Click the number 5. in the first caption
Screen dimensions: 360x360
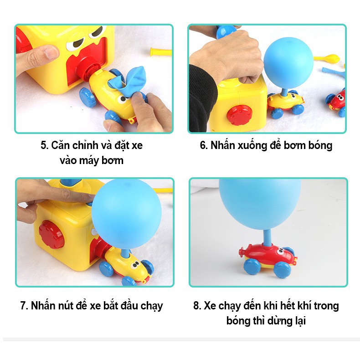[45, 146]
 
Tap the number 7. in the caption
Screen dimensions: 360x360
[25, 305]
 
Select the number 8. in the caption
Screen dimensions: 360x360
[197, 305]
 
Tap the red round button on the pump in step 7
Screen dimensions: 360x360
[51, 234]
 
